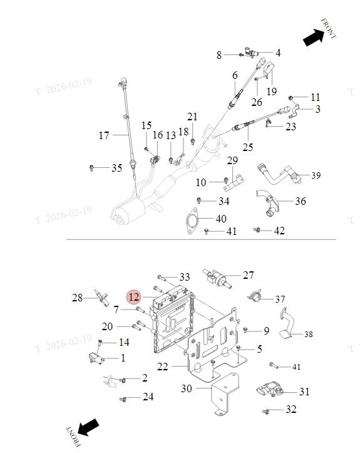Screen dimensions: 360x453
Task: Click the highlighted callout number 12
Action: (134, 297)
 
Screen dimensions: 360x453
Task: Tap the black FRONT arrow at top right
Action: (314, 38)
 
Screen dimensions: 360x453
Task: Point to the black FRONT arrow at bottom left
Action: (88, 427)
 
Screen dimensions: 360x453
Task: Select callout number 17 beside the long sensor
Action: (104, 135)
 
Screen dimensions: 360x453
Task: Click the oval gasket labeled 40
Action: (192, 221)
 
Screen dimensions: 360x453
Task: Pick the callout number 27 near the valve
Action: (249, 275)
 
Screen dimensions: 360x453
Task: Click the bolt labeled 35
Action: (91, 168)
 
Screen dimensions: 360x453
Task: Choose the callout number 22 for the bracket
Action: (162, 367)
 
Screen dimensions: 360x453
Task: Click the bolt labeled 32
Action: (266, 411)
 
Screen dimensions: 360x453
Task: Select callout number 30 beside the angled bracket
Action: (186, 388)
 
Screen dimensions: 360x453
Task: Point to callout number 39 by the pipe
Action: (316, 175)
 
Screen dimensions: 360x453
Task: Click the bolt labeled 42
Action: (257, 230)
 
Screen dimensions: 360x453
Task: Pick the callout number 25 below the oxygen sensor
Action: (248, 147)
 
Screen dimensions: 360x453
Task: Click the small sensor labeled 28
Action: (101, 298)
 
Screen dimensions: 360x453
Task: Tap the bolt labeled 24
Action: (123, 400)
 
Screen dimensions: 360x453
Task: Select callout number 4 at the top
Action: (278, 53)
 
